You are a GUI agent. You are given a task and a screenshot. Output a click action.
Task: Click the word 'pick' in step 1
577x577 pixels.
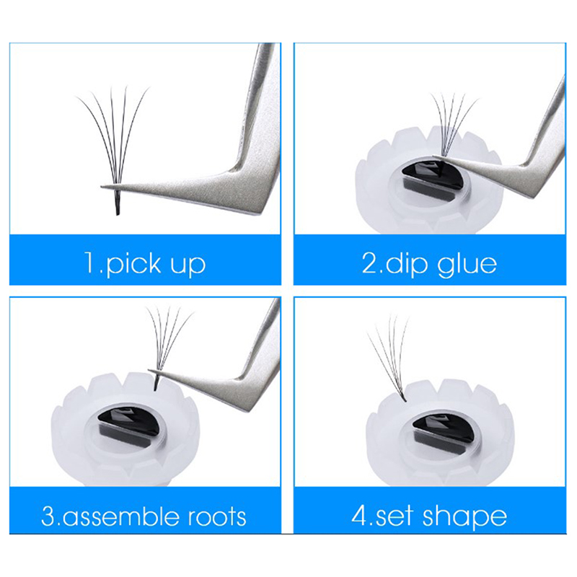(134, 263)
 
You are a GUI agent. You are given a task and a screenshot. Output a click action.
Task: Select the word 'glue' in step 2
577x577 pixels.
(467, 263)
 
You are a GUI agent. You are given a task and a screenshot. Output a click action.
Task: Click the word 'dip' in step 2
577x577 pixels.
(408, 263)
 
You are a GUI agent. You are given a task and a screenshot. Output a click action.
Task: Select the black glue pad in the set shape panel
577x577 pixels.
(443, 429)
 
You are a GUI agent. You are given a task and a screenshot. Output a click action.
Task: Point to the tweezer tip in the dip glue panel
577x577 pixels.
(434, 156)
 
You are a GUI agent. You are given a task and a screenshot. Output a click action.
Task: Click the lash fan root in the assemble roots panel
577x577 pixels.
(156, 383)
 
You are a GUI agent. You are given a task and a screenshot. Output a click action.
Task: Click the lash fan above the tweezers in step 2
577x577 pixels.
(454, 123)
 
